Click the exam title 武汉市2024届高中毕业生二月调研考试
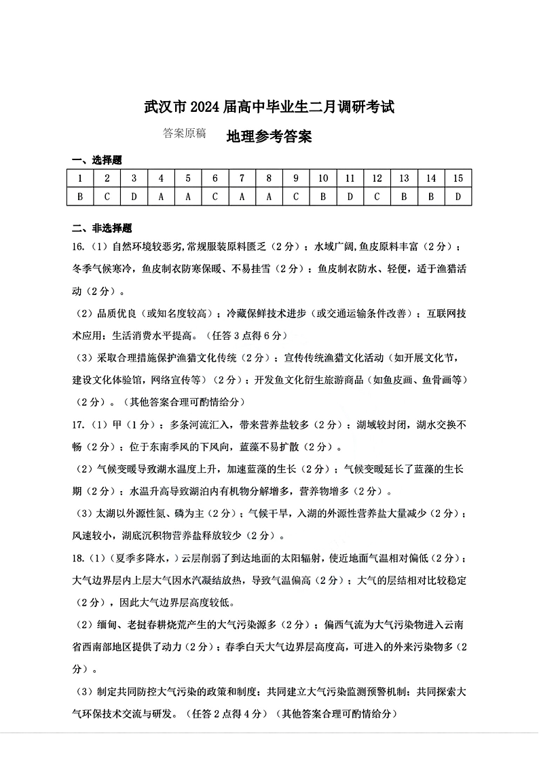269,106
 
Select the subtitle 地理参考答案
269,136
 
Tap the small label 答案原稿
184,134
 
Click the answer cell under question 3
134,197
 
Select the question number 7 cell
242,178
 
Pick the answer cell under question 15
458,197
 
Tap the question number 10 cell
323,178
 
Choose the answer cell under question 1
80,197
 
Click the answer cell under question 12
377,197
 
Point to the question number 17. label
77,425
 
